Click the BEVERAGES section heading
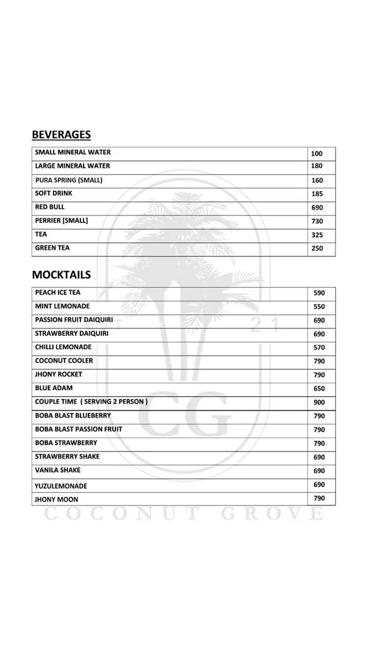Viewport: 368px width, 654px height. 61,134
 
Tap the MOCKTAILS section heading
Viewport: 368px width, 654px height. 61,275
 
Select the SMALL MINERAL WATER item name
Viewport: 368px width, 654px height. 72,152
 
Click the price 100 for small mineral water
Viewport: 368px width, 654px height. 317,153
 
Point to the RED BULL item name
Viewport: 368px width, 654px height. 50,207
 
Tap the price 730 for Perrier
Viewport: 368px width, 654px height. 317,221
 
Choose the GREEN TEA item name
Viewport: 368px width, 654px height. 52,248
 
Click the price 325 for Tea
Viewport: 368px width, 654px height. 317,235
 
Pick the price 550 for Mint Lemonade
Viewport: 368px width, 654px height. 319,307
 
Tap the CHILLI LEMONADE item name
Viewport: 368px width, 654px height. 63,347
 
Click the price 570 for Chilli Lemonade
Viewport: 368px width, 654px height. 319,348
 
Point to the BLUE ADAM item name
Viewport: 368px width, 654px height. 54,388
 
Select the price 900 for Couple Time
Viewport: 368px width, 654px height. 319,402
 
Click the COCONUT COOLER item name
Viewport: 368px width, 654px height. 64,361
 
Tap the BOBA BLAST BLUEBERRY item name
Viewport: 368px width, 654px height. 73,416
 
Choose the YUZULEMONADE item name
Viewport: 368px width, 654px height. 61,486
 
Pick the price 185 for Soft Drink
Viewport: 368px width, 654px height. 317,194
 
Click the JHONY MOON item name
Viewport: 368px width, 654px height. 56,499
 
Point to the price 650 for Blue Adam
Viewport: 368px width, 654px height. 319,389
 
